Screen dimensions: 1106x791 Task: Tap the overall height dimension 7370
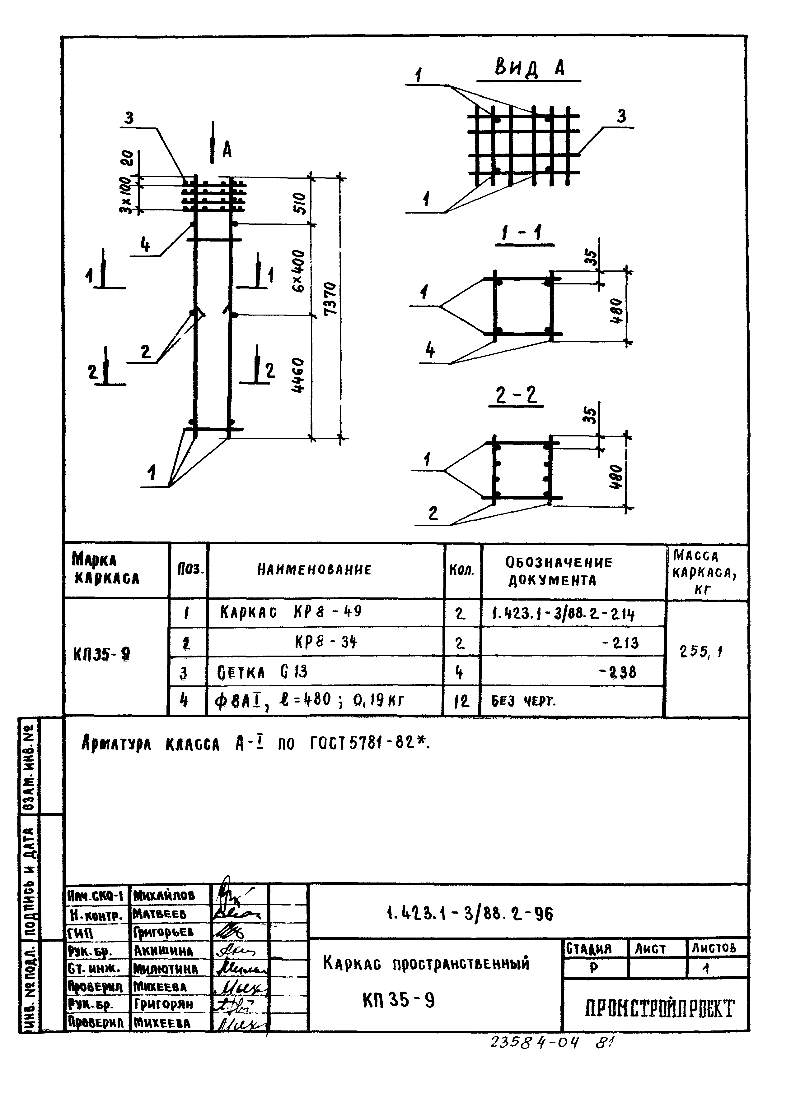click(330, 298)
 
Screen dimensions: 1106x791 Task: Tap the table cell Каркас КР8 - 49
click(291, 612)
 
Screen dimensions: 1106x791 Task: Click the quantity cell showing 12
click(461, 701)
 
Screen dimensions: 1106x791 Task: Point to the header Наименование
click(314, 569)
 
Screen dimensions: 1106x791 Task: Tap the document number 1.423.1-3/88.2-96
click(470, 914)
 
